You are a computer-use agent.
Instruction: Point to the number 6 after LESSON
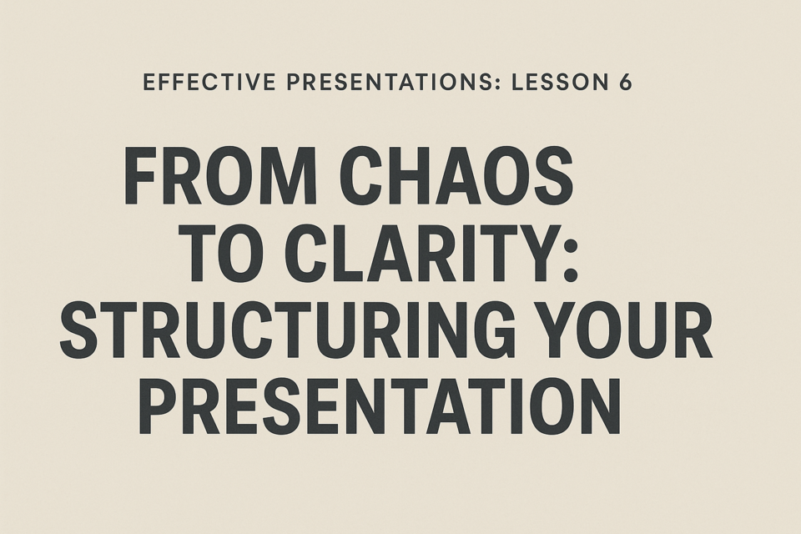click(x=625, y=82)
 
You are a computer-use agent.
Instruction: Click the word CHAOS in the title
click(x=456, y=176)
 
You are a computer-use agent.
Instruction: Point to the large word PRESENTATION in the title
click(x=379, y=407)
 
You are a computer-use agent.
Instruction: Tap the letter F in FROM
click(x=140, y=176)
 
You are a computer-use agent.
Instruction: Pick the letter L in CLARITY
click(x=349, y=254)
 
